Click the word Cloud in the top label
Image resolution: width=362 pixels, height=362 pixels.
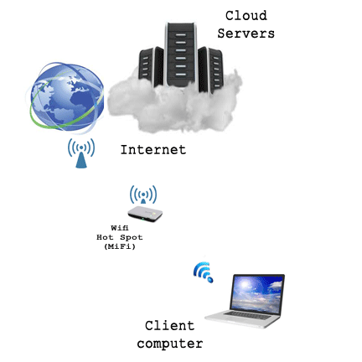(246, 16)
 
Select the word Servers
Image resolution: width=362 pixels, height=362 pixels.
(246, 34)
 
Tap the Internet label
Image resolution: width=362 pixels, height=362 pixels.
(153, 150)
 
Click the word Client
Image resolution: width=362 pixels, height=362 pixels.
(169, 326)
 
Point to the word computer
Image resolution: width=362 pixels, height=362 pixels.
(170, 344)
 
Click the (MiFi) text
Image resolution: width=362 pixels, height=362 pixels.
(120, 246)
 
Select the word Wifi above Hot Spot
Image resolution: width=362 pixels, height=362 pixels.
(120, 228)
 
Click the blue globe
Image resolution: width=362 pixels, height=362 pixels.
(66, 96)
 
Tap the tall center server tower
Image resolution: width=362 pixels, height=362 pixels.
(181, 54)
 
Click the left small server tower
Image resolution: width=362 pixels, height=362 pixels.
(151, 66)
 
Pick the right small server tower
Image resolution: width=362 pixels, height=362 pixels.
(210, 70)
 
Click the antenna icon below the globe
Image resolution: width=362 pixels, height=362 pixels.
(81, 153)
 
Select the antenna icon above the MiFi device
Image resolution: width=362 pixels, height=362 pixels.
(143, 194)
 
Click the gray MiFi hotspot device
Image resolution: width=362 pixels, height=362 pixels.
(145, 215)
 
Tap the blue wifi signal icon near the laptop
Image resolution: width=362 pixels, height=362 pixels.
(204, 272)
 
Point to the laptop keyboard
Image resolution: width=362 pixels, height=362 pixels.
(247, 315)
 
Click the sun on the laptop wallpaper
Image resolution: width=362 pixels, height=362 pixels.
(246, 285)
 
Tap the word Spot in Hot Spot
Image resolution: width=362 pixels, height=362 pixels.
(132, 237)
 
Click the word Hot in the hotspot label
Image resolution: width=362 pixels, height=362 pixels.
(105, 237)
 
